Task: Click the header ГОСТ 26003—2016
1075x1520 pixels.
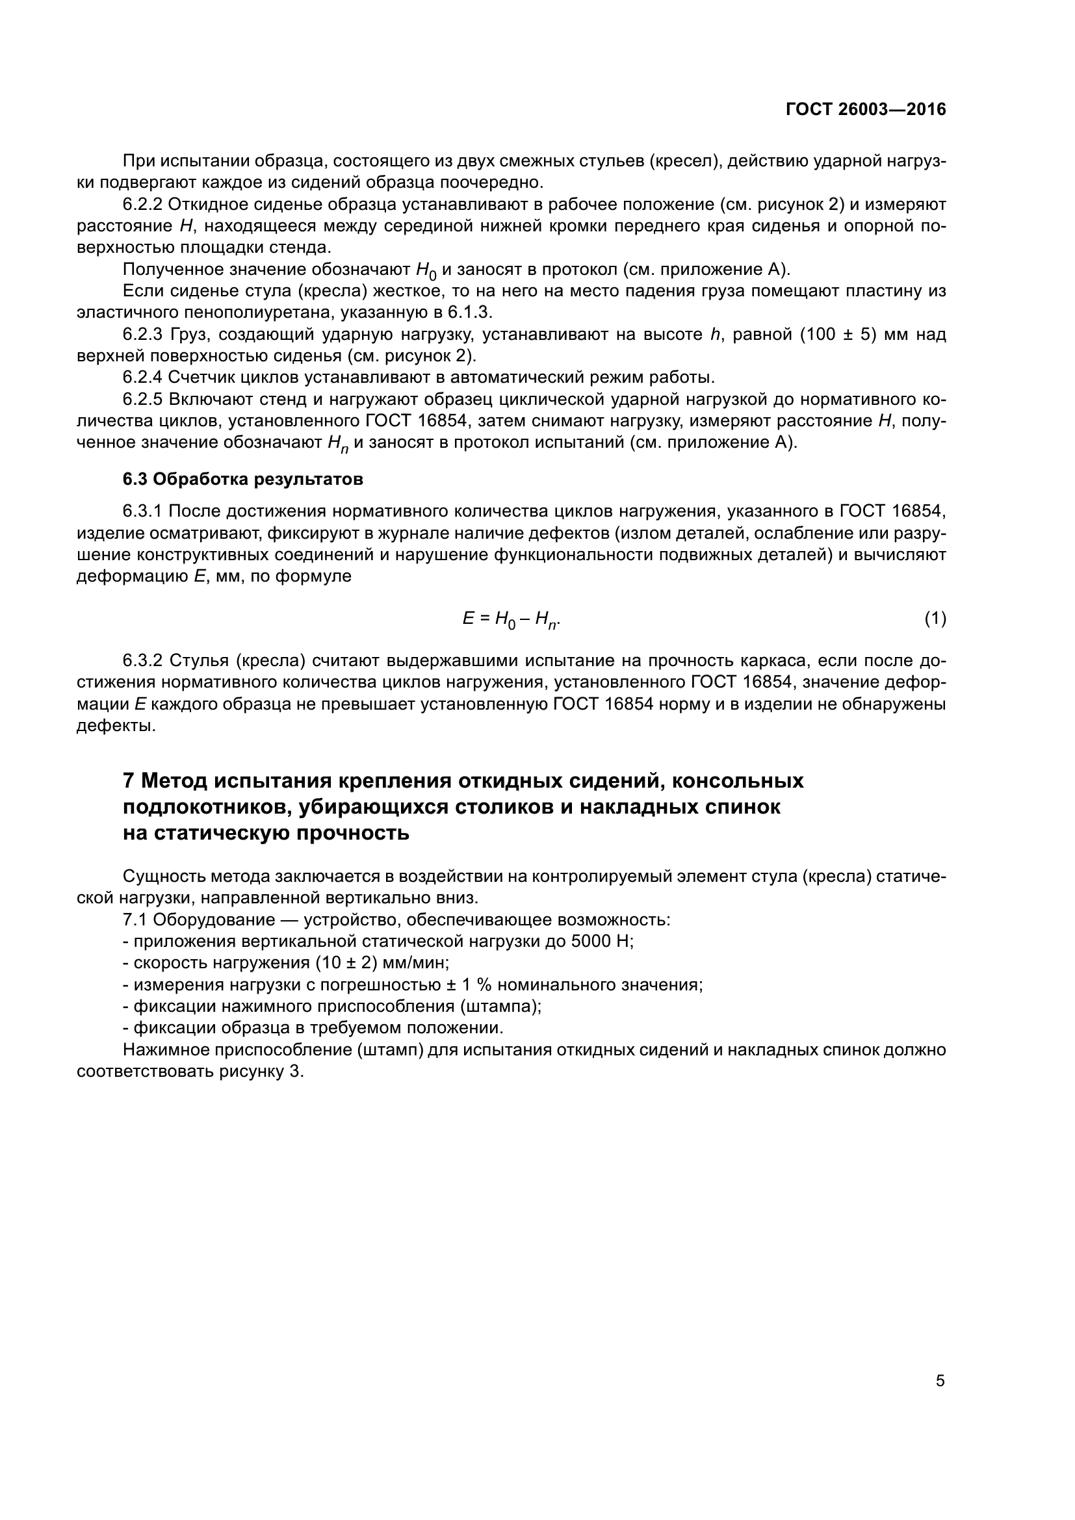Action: pos(866,109)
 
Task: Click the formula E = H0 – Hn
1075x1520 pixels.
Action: pos(512,620)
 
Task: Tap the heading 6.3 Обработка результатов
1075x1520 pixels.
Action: pos(243,480)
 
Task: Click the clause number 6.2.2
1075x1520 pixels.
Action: pos(142,204)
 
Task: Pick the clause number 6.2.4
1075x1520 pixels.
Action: pos(142,378)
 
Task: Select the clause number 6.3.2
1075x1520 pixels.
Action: pos(142,661)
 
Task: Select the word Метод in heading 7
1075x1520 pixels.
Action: pos(175,781)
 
